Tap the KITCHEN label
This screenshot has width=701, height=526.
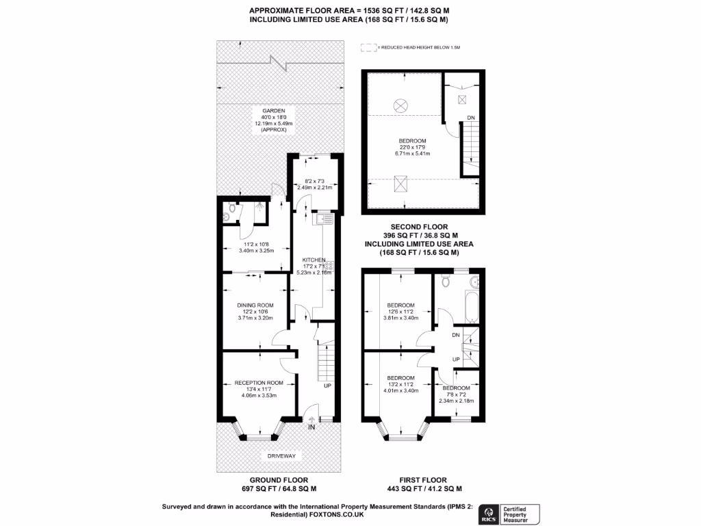pyautogui.click(x=314, y=260)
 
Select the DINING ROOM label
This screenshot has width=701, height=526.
pyautogui.click(x=255, y=305)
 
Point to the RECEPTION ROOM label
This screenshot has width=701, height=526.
pyautogui.click(x=254, y=382)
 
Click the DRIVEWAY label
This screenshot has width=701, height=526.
pyautogui.click(x=278, y=455)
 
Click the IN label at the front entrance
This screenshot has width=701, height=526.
pyautogui.click(x=311, y=428)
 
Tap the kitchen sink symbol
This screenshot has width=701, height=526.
pyautogui.click(x=324, y=220)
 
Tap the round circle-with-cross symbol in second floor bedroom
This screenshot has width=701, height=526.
pyautogui.click(x=401, y=105)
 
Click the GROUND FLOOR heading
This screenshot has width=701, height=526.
pyautogui.click(x=278, y=479)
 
